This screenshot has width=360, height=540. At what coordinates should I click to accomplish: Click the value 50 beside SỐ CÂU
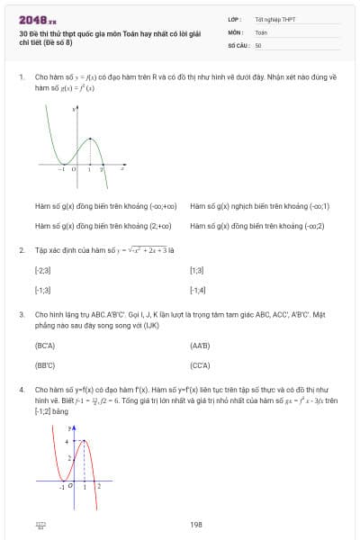[x=258, y=45]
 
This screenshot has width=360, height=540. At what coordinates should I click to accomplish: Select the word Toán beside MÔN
[x=261, y=31]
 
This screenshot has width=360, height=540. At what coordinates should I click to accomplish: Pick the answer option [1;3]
[x=197, y=270]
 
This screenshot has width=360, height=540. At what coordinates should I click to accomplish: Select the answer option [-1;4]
[x=198, y=290]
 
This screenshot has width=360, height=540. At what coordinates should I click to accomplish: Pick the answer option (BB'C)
[x=45, y=365]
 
